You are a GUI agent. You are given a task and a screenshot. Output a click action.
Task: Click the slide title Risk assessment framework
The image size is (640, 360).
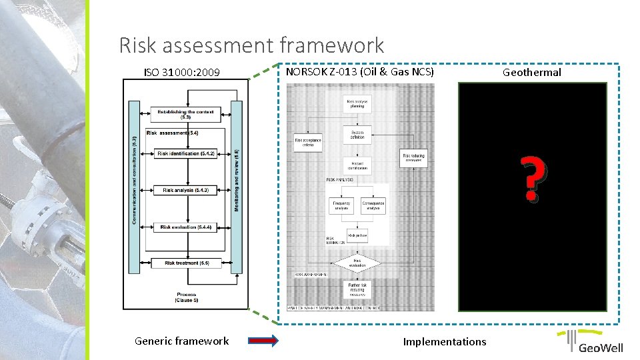tap(251, 45)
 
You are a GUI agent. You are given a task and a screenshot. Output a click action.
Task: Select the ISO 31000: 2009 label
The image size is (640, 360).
tap(182, 72)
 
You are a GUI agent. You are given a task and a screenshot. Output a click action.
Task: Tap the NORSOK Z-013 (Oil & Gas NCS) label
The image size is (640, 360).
tap(359, 71)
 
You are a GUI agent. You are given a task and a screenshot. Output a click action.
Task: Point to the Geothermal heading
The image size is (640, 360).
tap(531, 72)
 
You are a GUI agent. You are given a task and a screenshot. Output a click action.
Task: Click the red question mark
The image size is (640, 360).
tap(531, 179)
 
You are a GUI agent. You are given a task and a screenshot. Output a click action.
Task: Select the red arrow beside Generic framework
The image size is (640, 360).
tap(263, 341)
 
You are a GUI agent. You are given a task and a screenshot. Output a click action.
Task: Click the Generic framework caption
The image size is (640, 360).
tap(181, 341)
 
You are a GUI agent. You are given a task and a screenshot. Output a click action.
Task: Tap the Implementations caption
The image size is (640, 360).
tap(444, 342)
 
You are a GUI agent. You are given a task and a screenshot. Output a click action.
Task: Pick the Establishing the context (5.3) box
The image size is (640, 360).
tap(186, 115)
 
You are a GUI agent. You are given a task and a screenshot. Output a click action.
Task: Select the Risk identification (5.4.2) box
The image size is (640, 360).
tap(186, 154)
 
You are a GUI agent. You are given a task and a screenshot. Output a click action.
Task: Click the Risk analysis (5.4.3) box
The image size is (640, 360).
tap(186, 191)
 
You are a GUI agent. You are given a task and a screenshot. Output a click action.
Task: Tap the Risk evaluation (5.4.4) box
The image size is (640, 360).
tap(186, 227)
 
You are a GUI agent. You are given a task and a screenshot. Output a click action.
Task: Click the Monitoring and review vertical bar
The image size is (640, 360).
tap(237, 187)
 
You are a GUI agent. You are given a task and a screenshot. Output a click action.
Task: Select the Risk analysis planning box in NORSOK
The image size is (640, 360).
tap(357, 103)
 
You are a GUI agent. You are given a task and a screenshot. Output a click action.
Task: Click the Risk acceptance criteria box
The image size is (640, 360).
tap(308, 143)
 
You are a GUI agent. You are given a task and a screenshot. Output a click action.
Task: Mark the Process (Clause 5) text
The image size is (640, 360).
tap(187, 297)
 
